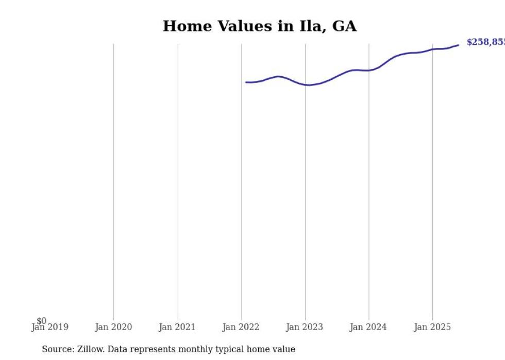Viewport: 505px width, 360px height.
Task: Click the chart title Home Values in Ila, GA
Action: tap(259, 26)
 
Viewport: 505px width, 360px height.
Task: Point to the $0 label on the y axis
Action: tap(41, 321)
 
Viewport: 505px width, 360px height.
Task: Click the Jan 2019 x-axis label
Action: tap(49, 327)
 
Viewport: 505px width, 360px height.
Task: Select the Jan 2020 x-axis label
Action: tap(113, 327)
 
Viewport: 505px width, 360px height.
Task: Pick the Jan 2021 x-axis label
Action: tap(177, 327)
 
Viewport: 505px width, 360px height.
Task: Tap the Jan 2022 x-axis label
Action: tap(241, 327)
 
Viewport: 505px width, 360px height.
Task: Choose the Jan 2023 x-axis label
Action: tap(305, 327)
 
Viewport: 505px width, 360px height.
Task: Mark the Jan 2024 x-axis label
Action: tap(368, 327)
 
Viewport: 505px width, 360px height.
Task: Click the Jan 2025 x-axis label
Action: tap(432, 327)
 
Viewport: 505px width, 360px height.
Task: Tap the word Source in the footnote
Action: tap(58, 349)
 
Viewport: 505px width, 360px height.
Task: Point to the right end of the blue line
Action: tap(458, 45)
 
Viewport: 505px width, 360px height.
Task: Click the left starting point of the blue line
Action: tap(246, 82)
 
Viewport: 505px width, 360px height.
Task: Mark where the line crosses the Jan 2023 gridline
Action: tap(305, 85)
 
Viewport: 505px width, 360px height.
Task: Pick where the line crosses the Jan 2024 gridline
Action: tap(369, 70)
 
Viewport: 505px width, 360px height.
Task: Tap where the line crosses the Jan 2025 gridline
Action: tap(432, 49)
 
